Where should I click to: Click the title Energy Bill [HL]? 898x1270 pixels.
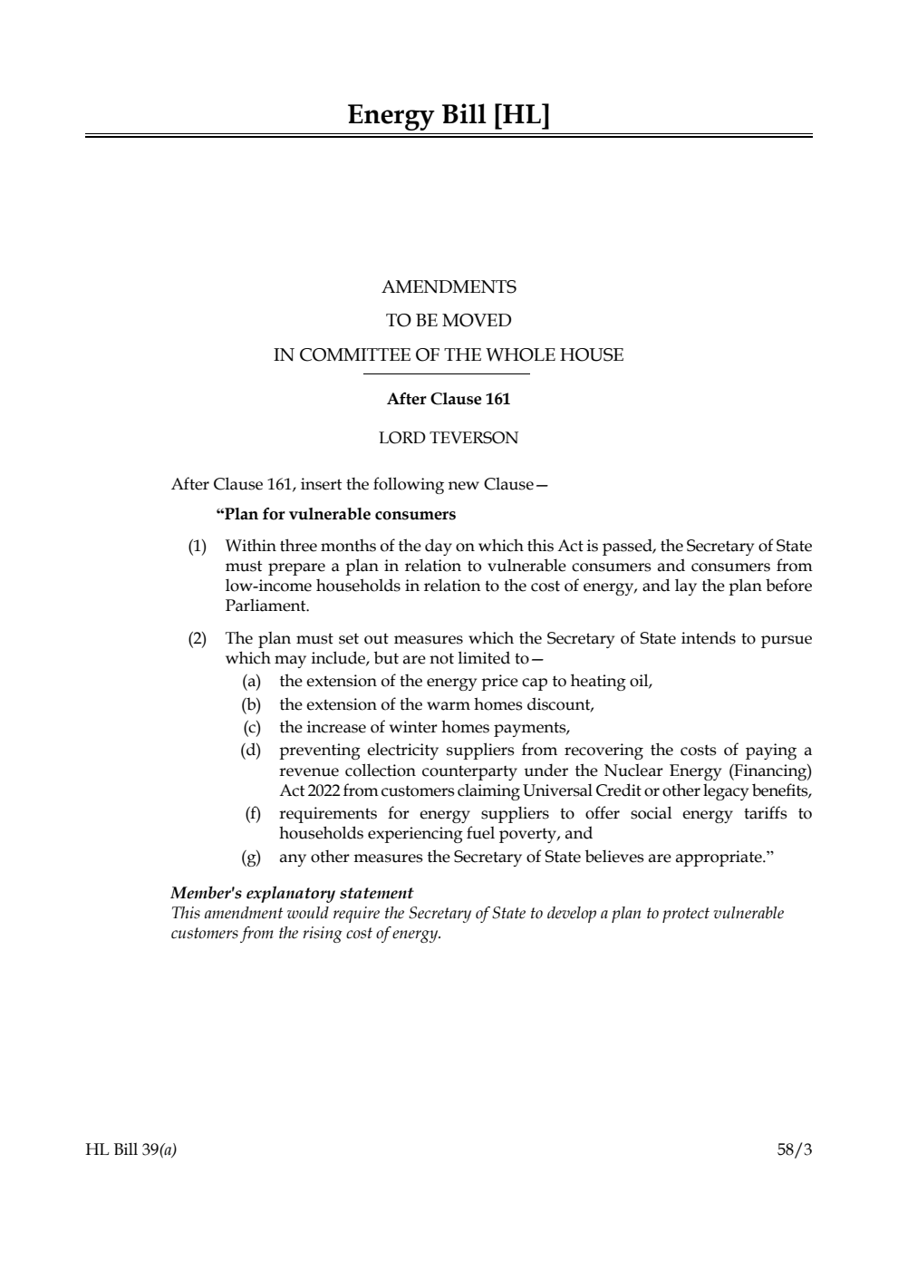click(449, 115)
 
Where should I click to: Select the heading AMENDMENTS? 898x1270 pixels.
click(449, 287)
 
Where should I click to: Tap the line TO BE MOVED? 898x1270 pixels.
click(449, 321)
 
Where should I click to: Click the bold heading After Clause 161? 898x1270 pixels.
click(449, 399)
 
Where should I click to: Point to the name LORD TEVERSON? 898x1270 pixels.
click(449, 438)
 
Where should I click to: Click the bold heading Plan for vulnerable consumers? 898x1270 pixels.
click(338, 515)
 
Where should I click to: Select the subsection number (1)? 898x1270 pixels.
click(197, 547)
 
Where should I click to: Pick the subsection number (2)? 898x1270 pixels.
click(197, 639)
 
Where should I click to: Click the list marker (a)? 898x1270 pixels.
click(251, 682)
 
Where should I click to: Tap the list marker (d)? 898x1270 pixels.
click(251, 751)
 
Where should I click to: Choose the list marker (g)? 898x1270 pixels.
click(251, 857)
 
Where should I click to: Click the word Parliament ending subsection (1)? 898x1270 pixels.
click(266, 606)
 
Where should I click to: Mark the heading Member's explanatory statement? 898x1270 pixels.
click(292, 893)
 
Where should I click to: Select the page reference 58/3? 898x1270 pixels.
click(795, 1150)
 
